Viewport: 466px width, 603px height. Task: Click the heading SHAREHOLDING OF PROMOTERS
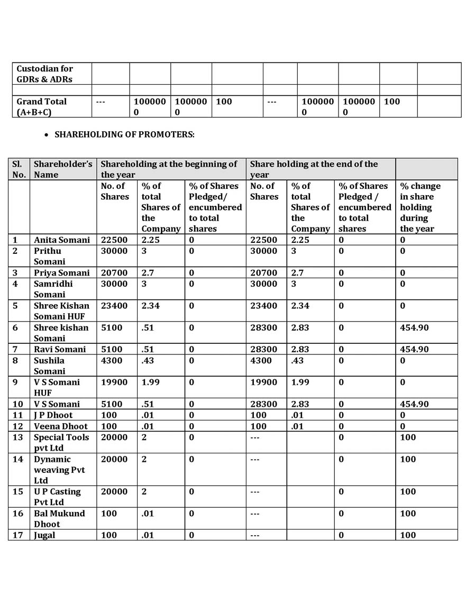pyautogui.click(x=124, y=134)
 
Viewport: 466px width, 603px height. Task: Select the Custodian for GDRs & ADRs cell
pyautogui.click(x=45, y=74)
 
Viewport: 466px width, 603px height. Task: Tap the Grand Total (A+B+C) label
pyautogui.click(x=42, y=106)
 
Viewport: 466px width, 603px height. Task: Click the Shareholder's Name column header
pyautogui.click(x=63, y=169)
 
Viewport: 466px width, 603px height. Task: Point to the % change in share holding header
pyautogui.click(x=420, y=207)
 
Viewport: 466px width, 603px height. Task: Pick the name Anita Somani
pyautogui.click(x=62, y=240)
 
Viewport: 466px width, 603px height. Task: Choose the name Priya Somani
pyautogui.click(x=62, y=272)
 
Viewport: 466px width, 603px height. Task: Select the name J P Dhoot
pyautogui.click(x=53, y=415)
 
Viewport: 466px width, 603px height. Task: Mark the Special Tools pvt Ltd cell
pyautogui.click(x=61, y=442)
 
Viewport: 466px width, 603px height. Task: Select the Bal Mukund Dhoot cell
pyautogui.click(x=59, y=518)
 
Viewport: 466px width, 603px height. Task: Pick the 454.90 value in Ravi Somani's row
pyautogui.click(x=414, y=349)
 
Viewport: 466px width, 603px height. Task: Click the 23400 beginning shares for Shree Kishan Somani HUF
pyautogui.click(x=114, y=305)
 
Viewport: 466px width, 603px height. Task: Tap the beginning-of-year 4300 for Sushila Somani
pyautogui.click(x=112, y=360)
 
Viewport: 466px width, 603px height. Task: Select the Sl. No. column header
pyautogui.click(x=19, y=169)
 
